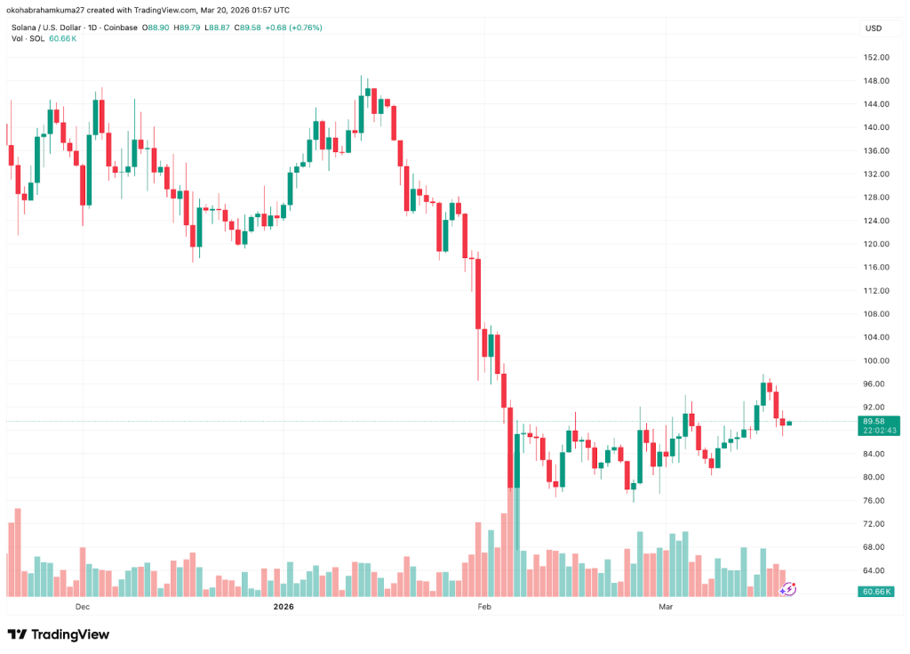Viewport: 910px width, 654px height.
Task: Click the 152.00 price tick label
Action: (876, 57)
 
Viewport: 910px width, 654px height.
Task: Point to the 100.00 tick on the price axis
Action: (876, 360)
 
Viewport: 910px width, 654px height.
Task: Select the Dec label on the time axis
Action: (83, 608)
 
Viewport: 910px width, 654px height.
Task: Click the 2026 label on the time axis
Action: (283, 608)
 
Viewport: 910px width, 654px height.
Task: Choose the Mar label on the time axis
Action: (665, 608)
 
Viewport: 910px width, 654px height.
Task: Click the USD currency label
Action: (873, 28)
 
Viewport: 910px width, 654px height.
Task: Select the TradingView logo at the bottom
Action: (59, 634)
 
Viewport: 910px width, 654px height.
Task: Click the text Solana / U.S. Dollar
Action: (50, 28)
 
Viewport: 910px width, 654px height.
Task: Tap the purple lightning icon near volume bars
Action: (788, 588)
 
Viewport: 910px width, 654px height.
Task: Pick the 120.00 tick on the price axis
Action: (876, 244)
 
